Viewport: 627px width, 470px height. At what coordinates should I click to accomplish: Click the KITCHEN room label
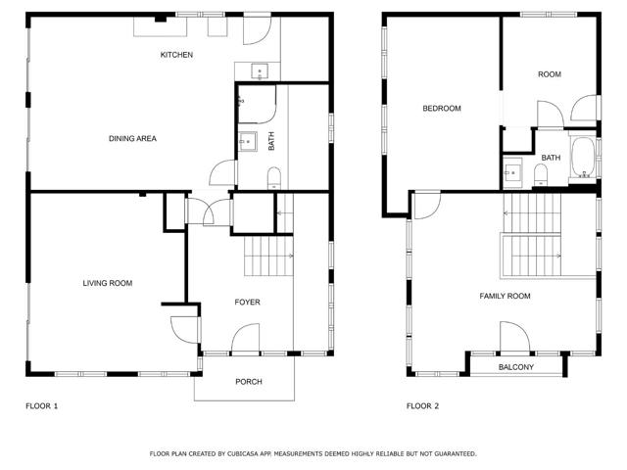[x=176, y=55]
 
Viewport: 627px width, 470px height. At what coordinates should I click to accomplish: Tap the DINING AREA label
[x=132, y=138]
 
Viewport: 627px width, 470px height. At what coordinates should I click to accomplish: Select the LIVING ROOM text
[x=107, y=283]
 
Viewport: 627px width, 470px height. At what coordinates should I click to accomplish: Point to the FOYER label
[x=247, y=303]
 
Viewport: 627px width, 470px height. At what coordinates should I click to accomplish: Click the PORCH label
[x=249, y=382]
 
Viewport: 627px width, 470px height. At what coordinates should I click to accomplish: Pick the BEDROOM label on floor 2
[x=441, y=109]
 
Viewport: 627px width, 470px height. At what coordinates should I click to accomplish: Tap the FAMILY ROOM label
[x=505, y=296]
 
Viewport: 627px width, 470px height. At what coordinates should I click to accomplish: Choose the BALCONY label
[x=516, y=367]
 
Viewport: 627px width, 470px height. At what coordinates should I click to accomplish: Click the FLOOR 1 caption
[x=41, y=405]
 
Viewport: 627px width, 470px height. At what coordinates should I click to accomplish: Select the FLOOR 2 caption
[x=423, y=405]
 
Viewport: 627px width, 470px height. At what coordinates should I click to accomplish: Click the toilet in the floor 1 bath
[x=274, y=176]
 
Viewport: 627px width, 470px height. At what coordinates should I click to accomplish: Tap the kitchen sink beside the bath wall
[x=259, y=70]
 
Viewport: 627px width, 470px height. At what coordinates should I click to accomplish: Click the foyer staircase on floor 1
[x=264, y=257]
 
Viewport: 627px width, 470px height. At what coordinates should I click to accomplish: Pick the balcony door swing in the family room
[x=515, y=336]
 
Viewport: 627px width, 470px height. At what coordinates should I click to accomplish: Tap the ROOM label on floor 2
[x=549, y=74]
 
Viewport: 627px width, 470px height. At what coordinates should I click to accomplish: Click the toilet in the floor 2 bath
[x=542, y=175]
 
